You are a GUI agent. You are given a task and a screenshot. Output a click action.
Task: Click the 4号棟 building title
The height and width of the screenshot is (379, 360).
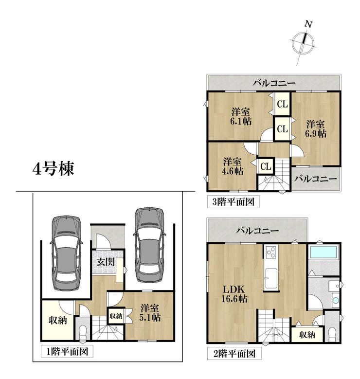[x=53, y=169]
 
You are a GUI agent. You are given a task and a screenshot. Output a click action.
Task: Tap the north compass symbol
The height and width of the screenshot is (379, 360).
[x=303, y=43]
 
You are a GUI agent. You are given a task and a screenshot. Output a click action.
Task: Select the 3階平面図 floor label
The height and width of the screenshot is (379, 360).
[x=234, y=201]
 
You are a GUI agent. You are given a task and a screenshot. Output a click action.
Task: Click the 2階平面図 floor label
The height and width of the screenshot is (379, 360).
[x=234, y=354]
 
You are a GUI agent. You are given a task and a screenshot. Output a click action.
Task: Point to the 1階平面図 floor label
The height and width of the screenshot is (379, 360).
[x=67, y=352]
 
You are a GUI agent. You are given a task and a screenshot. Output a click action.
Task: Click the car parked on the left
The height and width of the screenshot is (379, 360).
[x=66, y=253]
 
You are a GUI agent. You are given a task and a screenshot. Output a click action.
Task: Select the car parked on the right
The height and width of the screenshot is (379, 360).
[x=149, y=245]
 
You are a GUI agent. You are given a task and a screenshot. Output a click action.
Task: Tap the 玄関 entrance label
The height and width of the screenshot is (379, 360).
[x=106, y=262]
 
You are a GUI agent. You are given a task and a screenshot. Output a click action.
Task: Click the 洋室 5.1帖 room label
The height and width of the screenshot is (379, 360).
[x=150, y=312]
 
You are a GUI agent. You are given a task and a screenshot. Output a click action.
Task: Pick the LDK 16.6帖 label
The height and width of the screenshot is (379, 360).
[x=234, y=294]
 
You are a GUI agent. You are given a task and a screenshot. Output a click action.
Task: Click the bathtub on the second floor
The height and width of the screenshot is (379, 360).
[x=324, y=252]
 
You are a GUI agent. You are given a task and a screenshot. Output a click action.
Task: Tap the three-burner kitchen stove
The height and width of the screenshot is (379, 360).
[x=271, y=252]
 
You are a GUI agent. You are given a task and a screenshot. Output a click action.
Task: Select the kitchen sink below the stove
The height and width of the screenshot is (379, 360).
[x=271, y=278]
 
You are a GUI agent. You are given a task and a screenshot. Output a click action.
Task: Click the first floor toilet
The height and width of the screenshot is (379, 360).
[x=83, y=332]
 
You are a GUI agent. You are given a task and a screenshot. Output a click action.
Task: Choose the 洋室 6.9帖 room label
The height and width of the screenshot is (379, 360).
[x=316, y=129]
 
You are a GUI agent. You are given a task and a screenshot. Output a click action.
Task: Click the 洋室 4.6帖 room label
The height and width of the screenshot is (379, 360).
[x=233, y=166]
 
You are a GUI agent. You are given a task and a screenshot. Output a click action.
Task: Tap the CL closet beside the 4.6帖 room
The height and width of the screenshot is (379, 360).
[x=266, y=166]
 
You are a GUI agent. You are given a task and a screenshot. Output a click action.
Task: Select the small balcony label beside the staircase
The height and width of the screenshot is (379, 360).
[x=316, y=179]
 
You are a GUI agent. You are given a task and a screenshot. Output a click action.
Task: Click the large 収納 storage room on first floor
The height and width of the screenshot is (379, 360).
[x=58, y=320]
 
